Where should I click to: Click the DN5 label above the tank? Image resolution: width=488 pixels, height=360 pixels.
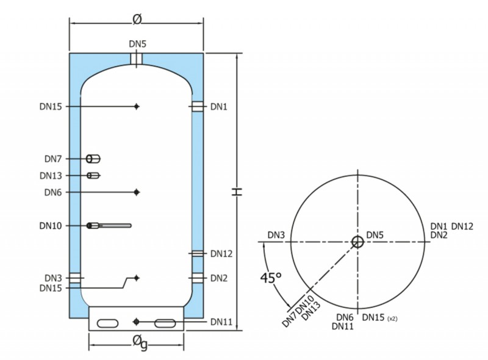click(x=138, y=44)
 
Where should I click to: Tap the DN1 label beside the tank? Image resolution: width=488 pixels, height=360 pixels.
click(x=219, y=107)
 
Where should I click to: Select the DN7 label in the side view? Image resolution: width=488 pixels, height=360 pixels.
click(x=53, y=159)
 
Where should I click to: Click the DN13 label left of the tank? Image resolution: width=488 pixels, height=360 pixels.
click(x=51, y=176)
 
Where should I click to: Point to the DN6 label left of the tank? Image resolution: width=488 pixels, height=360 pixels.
click(x=53, y=192)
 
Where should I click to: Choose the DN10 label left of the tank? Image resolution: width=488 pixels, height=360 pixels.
click(x=51, y=226)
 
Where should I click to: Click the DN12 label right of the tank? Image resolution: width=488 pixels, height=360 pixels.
click(x=221, y=254)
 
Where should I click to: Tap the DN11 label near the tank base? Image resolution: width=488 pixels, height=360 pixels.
click(x=221, y=322)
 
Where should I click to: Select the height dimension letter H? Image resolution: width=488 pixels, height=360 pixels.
click(x=237, y=192)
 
